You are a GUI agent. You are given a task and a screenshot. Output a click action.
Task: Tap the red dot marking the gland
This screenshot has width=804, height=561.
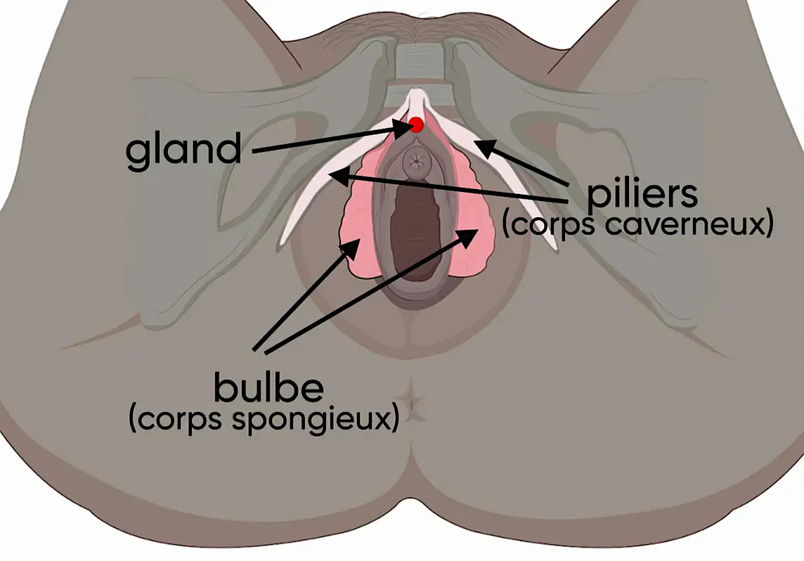[x=416, y=125]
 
